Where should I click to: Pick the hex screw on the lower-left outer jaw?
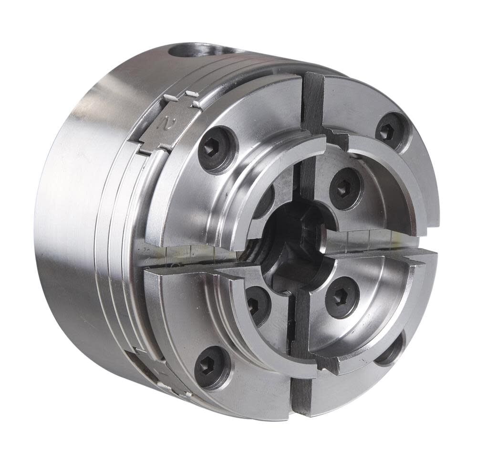click(x=212, y=366)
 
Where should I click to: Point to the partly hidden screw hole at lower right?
click(x=392, y=351)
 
